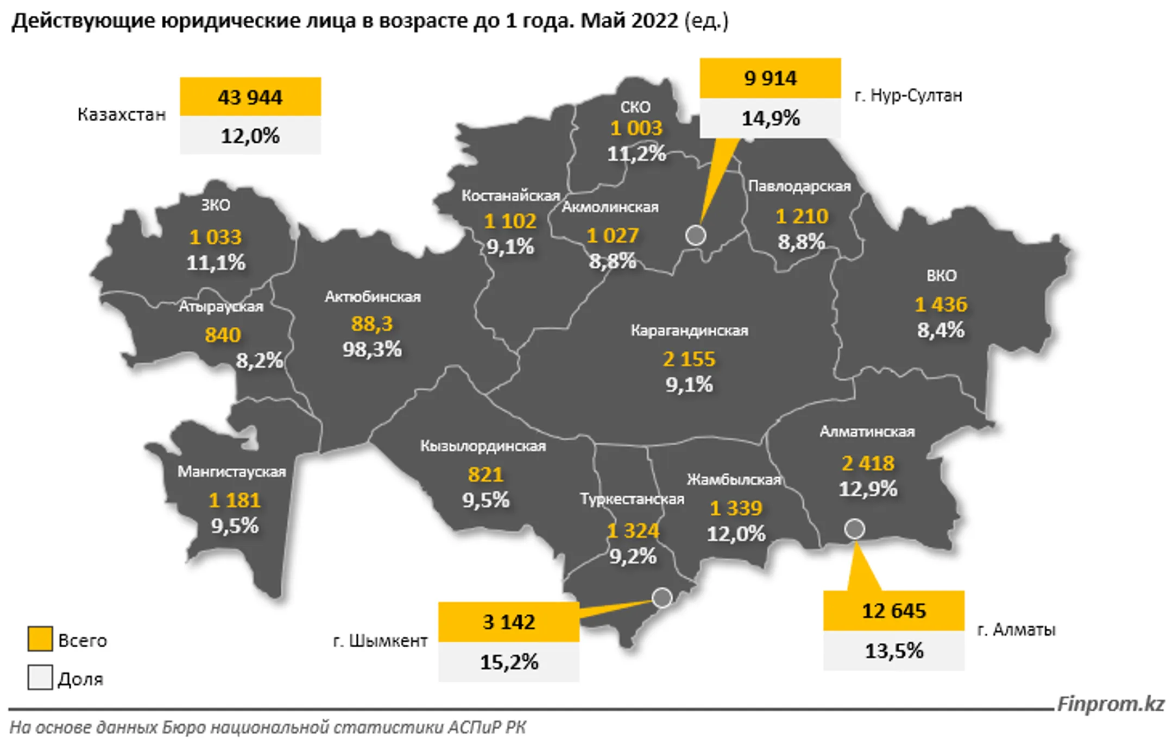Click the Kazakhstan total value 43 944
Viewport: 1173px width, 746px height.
pos(250,97)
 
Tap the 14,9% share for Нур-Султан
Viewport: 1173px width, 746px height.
pos(770,118)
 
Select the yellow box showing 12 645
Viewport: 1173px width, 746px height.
pos(893,611)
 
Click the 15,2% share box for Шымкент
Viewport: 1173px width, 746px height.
pos(509,662)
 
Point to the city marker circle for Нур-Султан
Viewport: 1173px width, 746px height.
pos(696,235)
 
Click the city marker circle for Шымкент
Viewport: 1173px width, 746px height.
pos(662,598)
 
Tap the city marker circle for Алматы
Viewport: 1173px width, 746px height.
pos(854,528)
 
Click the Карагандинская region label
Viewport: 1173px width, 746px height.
pos(689,330)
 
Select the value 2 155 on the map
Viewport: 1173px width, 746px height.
pos(689,359)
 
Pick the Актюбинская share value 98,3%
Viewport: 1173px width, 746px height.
pos(372,349)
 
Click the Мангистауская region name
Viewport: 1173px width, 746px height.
pos(232,471)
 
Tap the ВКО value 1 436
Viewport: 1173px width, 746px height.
pos(941,304)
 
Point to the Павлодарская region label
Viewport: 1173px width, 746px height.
pos(799,186)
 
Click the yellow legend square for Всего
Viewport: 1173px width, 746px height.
pos(40,639)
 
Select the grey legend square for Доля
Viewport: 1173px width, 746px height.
pos(40,678)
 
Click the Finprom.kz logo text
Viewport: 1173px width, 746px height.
pos(1111,704)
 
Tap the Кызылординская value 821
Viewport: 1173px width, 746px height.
pos(485,475)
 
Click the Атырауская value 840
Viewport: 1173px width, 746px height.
pos(223,335)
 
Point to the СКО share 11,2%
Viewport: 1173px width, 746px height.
pos(636,154)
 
